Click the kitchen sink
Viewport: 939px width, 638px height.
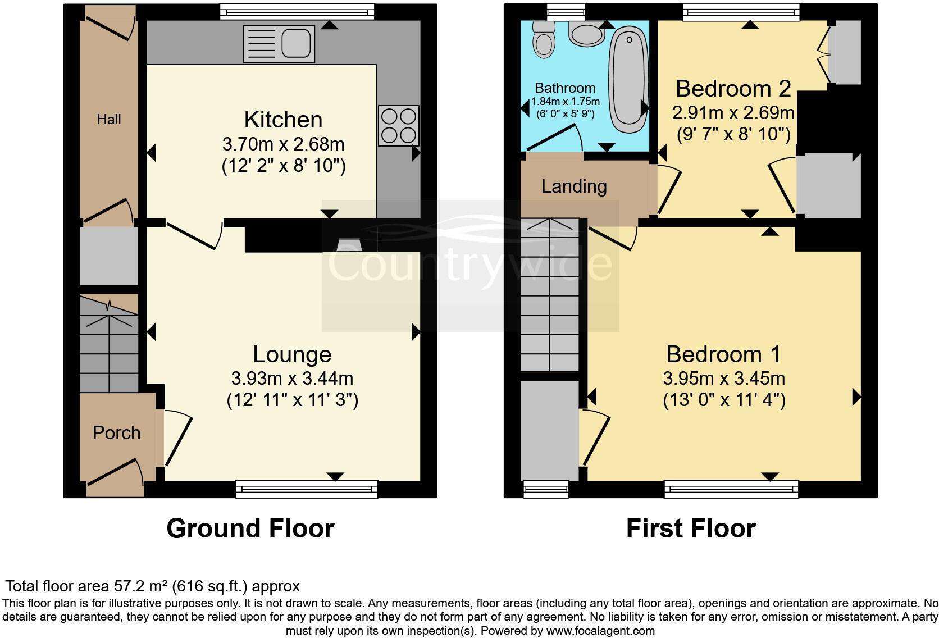pos(279,43)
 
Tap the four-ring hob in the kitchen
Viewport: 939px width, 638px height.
pos(398,125)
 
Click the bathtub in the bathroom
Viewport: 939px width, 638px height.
pos(628,73)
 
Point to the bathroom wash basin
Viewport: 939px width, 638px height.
pos(587,33)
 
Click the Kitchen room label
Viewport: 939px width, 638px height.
pos(283,120)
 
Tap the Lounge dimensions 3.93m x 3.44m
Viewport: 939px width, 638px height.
pos(292,379)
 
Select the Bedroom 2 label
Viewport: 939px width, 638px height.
pos(733,89)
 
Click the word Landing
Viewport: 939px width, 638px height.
pos(574,186)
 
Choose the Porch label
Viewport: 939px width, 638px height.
pos(116,433)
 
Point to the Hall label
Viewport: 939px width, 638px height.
pos(109,120)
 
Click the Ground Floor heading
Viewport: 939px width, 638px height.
pos(250,528)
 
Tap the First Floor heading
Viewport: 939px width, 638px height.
pos(691,528)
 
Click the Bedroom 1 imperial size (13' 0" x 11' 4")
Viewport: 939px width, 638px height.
pos(724,400)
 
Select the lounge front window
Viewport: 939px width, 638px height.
pos(307,489)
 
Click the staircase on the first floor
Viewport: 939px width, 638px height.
pos(550,295)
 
